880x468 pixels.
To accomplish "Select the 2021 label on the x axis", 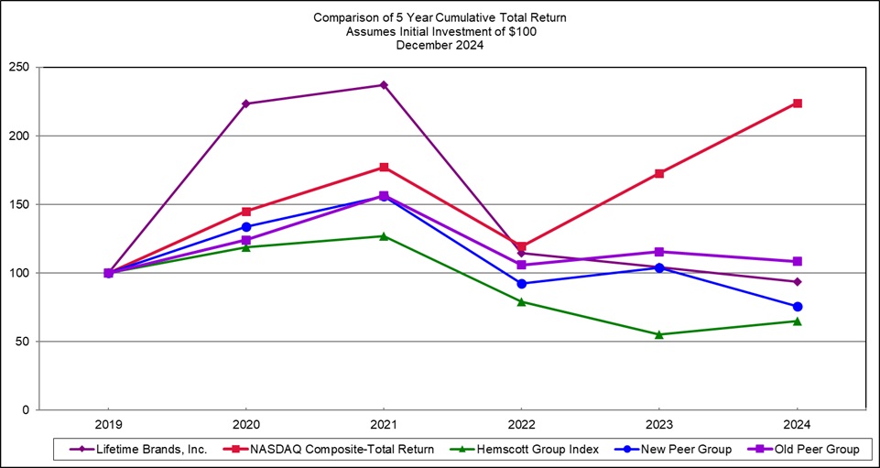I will [x=384, y=424].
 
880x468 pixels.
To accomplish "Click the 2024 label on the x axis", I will [x=797, y=424].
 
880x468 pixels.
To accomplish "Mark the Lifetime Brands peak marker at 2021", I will [x=384, y=85].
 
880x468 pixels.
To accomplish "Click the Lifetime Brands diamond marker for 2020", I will [x=246, y=103].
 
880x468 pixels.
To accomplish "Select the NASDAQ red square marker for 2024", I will [x=797, y=103].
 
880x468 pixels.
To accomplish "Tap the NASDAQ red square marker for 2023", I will [x=659, y=173].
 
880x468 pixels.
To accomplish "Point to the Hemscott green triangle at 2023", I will [x=659, y=334].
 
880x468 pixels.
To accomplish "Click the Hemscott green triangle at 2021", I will [x=384, y=235].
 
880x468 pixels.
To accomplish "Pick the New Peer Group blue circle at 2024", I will [x=797, y=307].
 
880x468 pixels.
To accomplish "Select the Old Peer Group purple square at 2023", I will [x=659, y=252].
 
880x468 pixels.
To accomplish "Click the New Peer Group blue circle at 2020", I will [x=246, y=227].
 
